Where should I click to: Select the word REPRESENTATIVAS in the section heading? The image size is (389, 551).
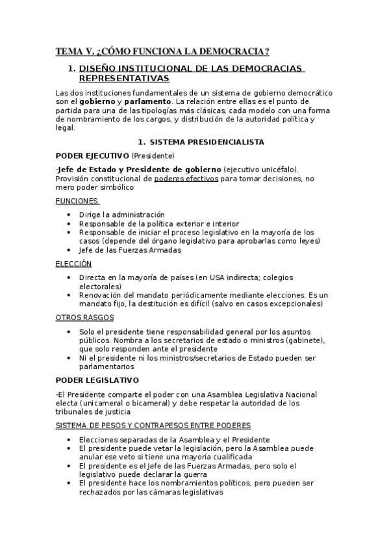click(x=123, y=79)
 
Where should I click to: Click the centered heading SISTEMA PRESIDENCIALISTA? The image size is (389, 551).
click(x=207, y=142)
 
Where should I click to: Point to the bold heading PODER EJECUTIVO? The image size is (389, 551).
click(x=92, y=156)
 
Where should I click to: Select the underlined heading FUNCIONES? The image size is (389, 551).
click(x=77, y=201)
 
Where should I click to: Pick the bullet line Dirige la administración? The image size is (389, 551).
click(x=121, y=214)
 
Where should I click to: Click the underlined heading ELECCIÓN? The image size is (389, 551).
click(x=73, y=263)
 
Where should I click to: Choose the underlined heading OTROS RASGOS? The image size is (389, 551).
click(x=85, y=317)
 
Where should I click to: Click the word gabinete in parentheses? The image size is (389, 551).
click(x=305, y=340)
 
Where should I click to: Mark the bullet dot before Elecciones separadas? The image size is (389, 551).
click(x=71, y=440)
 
